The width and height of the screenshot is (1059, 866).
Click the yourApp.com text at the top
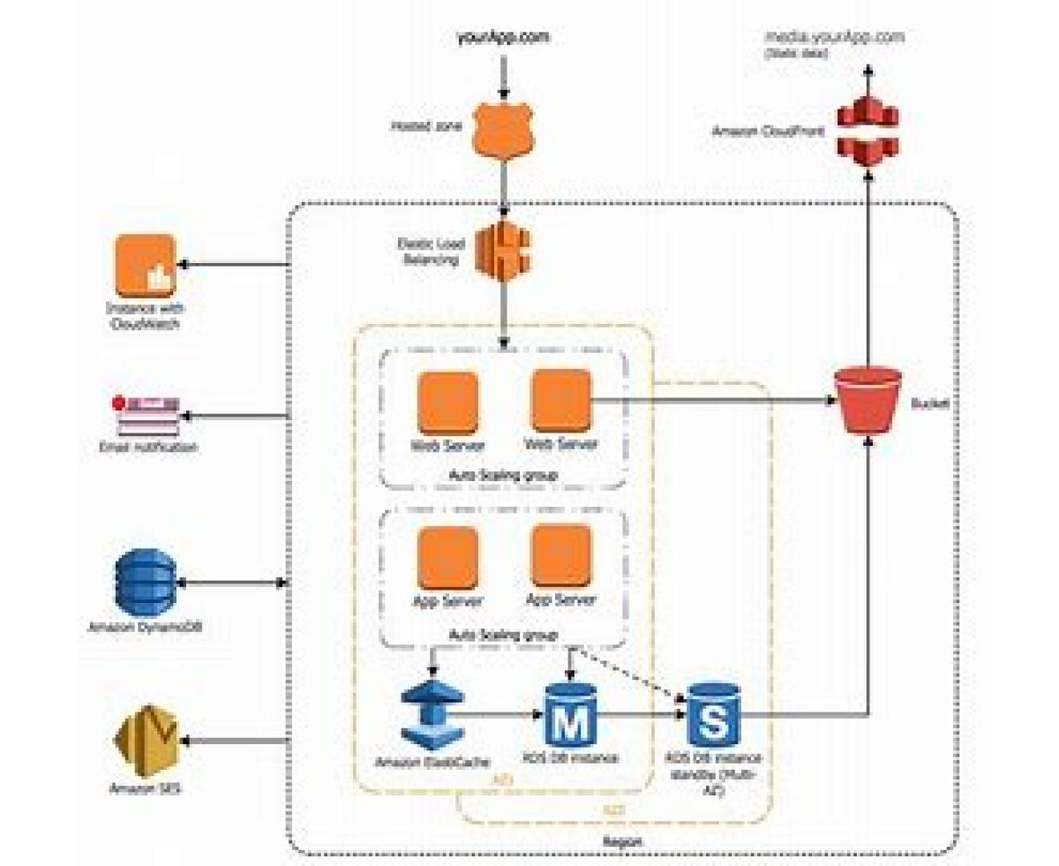pos(503,38)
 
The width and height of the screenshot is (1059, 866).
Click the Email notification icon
pos(148,415)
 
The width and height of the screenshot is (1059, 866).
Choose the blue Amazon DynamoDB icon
pos(146,583)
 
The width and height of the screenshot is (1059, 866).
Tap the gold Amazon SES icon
pos(146,742)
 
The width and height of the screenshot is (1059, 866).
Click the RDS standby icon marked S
pos(713,713)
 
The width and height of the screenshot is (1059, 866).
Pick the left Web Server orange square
pos(447,401)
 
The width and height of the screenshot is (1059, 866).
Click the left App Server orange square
pos(447,556)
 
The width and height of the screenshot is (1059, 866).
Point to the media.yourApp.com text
pos(835,38)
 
